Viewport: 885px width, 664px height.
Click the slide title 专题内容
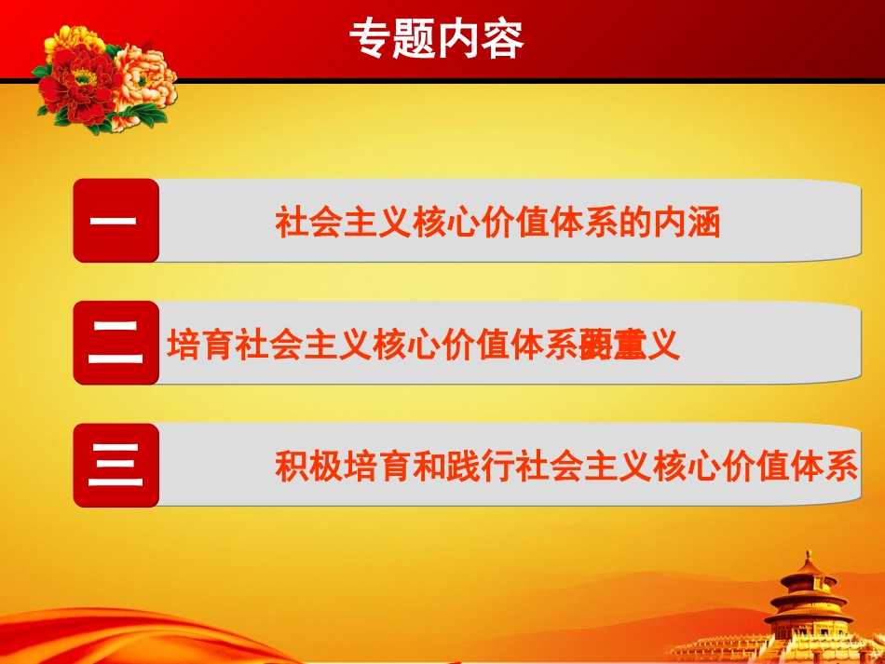436,40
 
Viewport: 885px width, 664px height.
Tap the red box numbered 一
116,221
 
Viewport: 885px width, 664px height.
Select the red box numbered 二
116,343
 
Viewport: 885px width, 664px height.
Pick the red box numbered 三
116,465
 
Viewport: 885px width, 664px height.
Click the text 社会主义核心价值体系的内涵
498,224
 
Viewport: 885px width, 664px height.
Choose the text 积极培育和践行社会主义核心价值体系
565,466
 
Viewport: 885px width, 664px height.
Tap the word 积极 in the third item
308,466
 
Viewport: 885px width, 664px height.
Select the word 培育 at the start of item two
200,346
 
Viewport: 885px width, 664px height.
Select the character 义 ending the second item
663,346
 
